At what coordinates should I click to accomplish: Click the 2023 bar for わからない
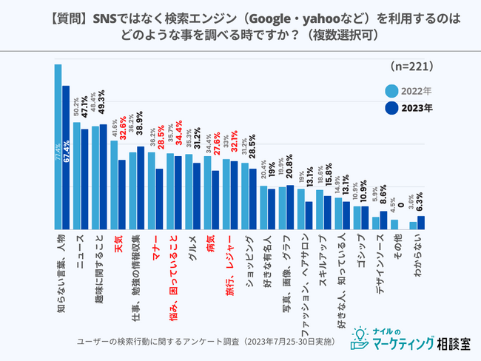pos(421,222)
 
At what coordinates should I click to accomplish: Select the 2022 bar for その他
pos(394,224)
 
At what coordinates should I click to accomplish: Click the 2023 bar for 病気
pos(215,200)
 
